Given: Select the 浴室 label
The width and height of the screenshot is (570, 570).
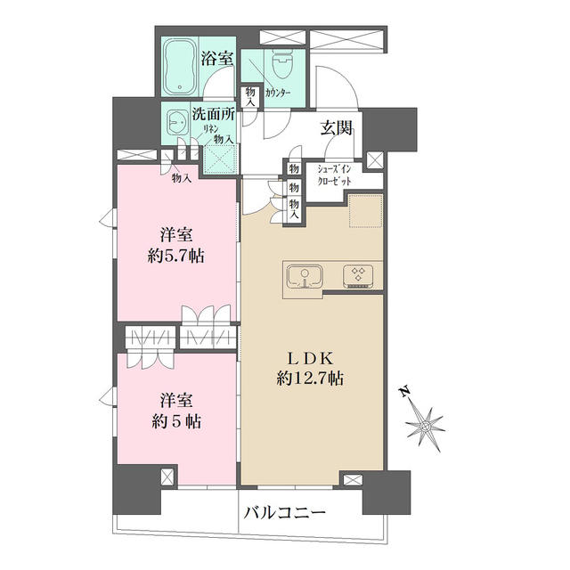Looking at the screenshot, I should coord(216,60).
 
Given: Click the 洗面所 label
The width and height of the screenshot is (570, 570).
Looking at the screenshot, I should coord(213,117).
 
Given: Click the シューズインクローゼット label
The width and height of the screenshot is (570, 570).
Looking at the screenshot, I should coord(334,175).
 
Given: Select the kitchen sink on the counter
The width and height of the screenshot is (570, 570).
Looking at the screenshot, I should coord(305,275).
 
